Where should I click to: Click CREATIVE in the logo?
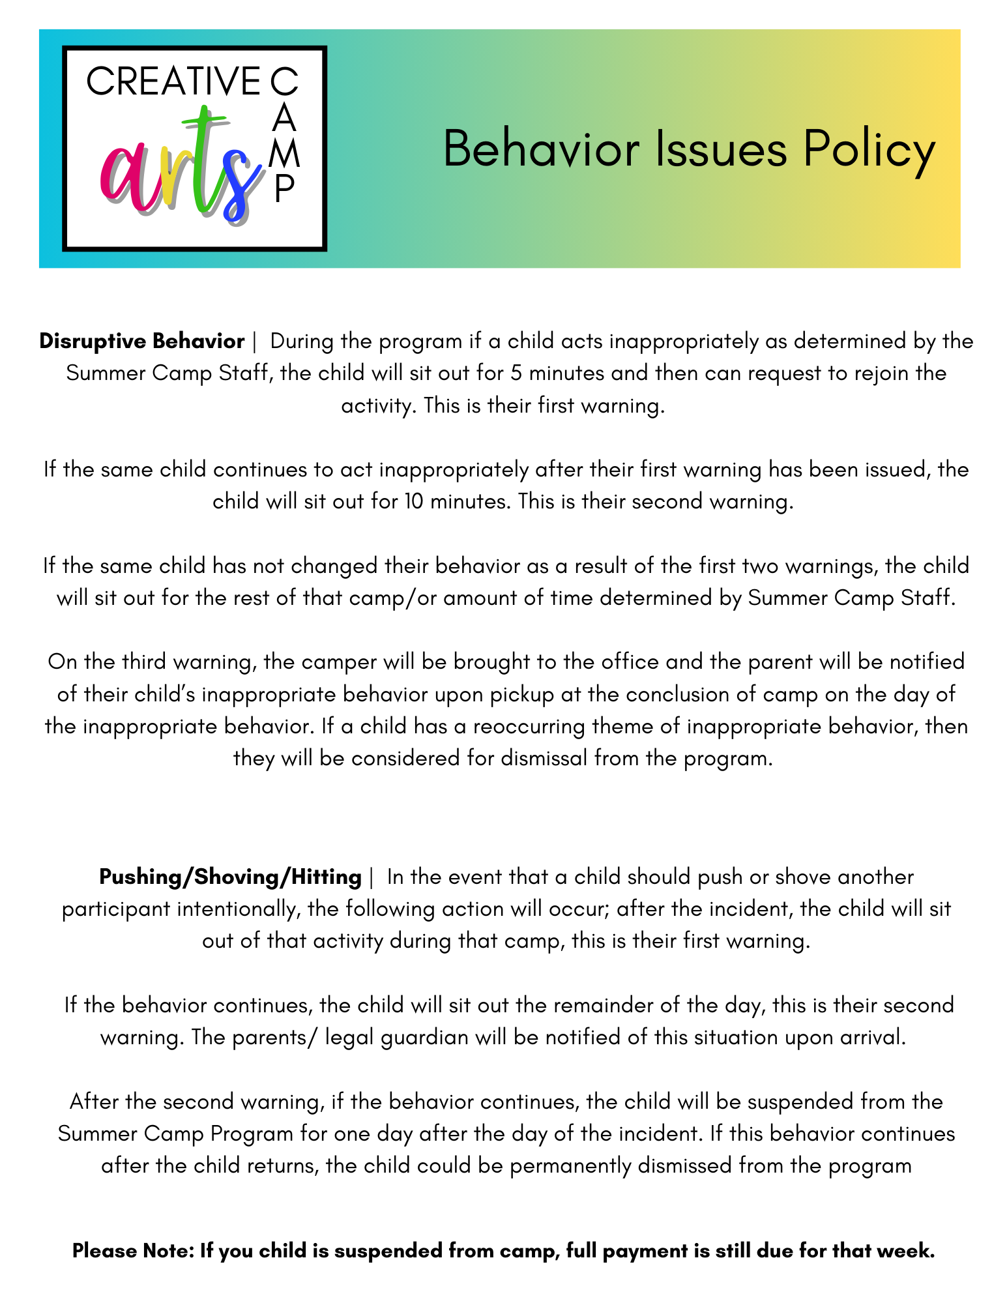[173, 82]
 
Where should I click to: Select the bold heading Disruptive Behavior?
[141, 341]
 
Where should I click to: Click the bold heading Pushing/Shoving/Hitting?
[230, 877]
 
